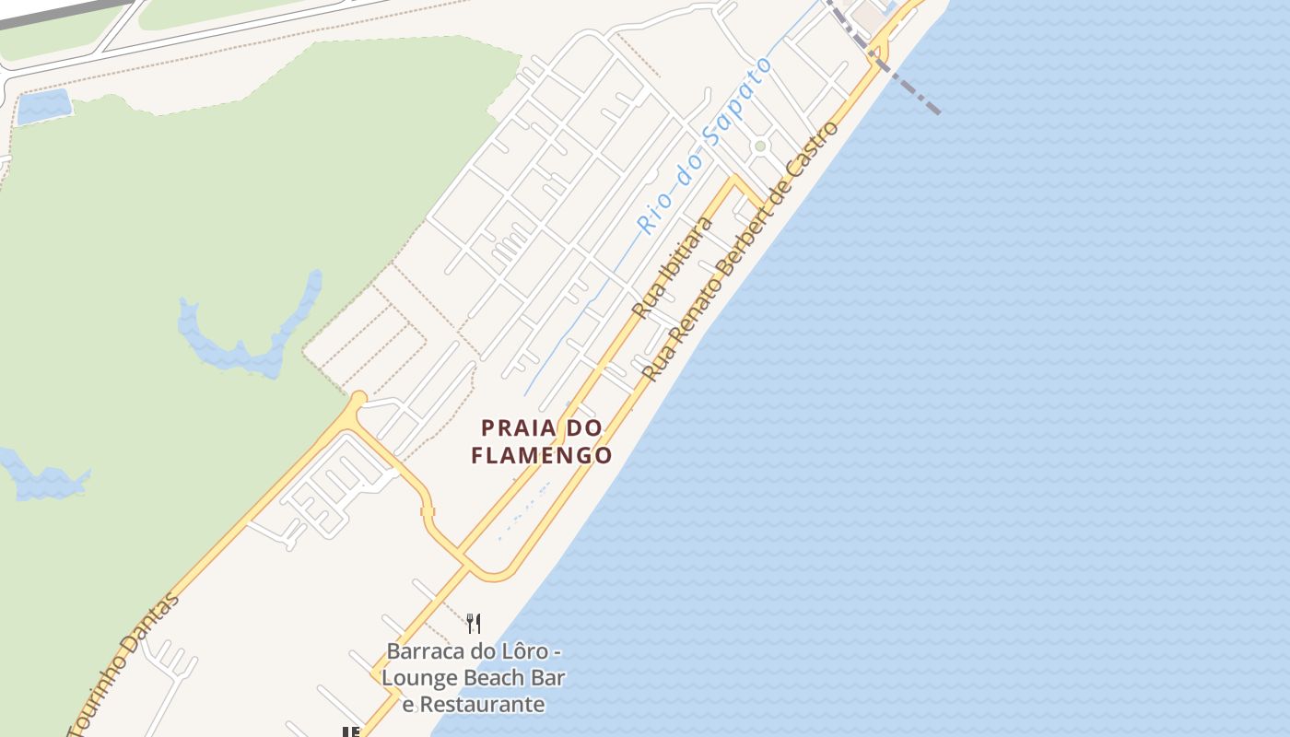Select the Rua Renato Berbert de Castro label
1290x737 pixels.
[x=742, y=251]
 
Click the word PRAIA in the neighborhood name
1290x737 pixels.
[x=518, y=428]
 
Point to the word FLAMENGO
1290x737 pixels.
[x=542, y=455]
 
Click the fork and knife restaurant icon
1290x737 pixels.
[x=474, y=624]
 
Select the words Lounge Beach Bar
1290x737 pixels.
[x=474, y=679]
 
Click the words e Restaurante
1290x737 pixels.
[x=474, y=705]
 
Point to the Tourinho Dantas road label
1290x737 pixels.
[x=125, y=663]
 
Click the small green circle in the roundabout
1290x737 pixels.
[x=760, y=146]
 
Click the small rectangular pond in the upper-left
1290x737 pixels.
[x=43, y=107]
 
